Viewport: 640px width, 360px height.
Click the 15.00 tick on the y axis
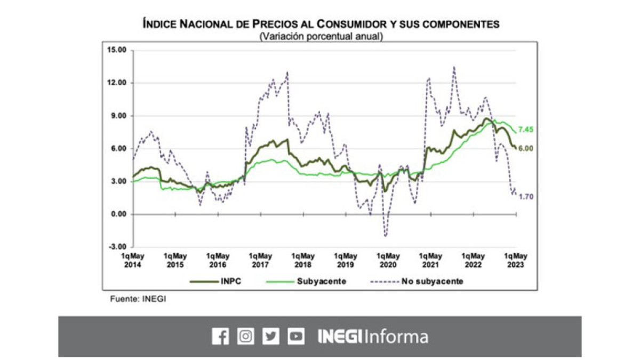click(x=117, y=50)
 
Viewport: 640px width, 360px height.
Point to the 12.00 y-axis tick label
click(x=117, y=83)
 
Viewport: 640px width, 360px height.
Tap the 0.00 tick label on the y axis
click(x=118, y=214)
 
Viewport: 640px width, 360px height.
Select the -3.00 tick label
click(x=117, y=247)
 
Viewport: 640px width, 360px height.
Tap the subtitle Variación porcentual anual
click(x=321, y=37)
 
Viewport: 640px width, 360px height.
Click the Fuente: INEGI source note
click(x=138, y=299)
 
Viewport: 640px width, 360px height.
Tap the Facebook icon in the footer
click(x=220, y=337)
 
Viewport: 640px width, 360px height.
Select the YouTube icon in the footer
click(x=296, y=337)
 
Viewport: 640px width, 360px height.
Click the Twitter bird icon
click(x=270, y=337)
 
